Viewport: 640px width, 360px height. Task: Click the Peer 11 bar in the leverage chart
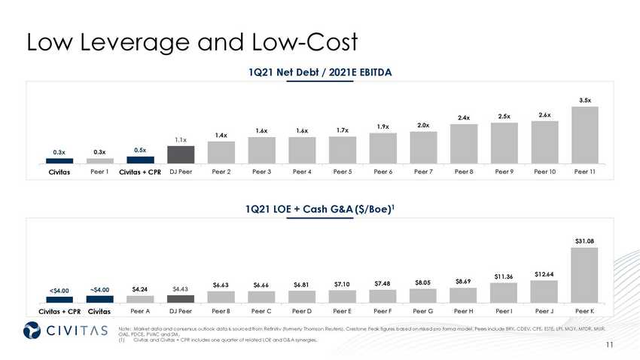click(585, 135)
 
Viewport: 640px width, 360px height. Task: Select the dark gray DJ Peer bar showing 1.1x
click(181, 154)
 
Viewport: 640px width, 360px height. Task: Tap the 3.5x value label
click(585, 99)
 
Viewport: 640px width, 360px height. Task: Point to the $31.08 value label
click(585, 241)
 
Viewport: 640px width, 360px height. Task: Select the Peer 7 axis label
click(423, 172)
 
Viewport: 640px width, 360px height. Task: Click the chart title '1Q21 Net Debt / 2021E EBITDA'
click(322, 72)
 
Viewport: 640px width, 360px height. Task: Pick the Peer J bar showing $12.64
click(544, 291)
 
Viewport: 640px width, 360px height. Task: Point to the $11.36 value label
click(504, 276)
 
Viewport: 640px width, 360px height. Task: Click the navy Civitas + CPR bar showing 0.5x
click(140, 160)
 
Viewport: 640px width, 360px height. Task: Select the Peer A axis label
click(140, 310)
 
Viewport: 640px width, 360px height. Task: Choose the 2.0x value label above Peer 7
click(423, 124)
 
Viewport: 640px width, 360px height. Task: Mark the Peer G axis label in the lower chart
click(423, 310)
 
